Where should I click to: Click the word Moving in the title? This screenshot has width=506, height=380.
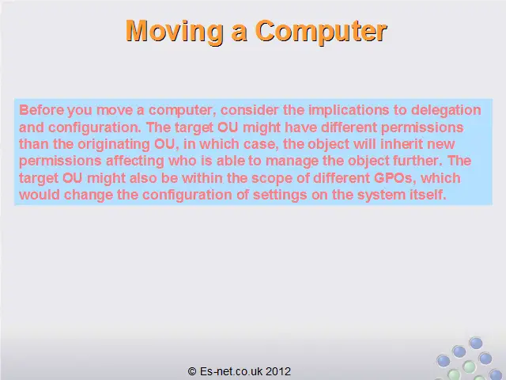(x=174, y=32)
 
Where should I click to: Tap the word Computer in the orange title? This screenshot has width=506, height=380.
(x=321, y=32)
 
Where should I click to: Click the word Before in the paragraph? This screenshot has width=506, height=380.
(x=41, y=110)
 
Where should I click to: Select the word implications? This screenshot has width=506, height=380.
(x=349, y=111)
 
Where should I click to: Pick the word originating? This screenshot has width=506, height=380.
(x=114, y=144)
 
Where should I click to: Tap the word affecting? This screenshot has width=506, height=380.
(x=135, y=161)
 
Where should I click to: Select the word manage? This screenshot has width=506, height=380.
(x=292, y=161)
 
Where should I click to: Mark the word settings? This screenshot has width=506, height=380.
(x=280, y=196)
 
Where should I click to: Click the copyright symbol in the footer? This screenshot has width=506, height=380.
(x=192, y=371)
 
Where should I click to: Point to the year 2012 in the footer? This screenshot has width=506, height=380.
(x=278, y=371)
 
